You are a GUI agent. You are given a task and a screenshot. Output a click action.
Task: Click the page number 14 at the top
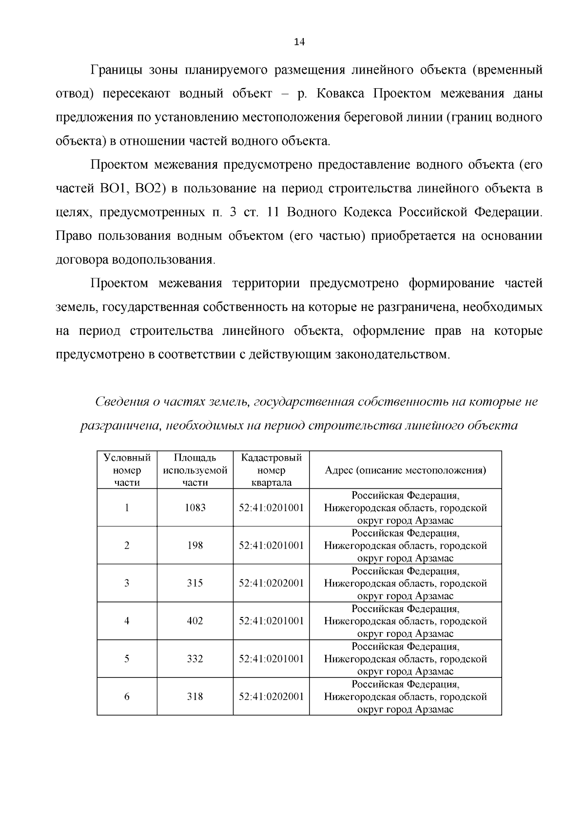pos(299,42)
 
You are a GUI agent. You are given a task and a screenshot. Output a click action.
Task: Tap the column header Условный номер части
pos(127,470)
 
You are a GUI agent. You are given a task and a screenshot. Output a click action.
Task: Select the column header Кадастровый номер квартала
pos(271,470)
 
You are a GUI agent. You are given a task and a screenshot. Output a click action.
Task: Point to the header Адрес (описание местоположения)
pos(405,470)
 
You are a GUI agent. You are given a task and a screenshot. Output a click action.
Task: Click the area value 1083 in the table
pos(195,508)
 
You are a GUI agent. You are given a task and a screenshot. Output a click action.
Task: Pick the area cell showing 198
pos(195,545)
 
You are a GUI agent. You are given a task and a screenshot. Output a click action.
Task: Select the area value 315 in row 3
pos(195,583)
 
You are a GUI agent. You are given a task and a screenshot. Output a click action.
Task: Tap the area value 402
pos(195,621)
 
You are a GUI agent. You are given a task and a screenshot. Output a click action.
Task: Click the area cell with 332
pos(195,659)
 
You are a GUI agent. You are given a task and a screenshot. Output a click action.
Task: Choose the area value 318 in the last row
pos(195,696)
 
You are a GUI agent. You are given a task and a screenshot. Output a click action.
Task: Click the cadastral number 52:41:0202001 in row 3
pos(271,583)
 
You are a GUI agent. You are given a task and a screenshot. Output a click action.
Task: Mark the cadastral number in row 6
pos(271,696)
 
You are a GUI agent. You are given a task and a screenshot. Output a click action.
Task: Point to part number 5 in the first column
pos(127,659)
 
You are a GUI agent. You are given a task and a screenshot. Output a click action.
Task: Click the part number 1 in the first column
pos(127,508)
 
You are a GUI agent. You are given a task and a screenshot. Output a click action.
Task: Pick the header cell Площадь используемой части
pos(195,470)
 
